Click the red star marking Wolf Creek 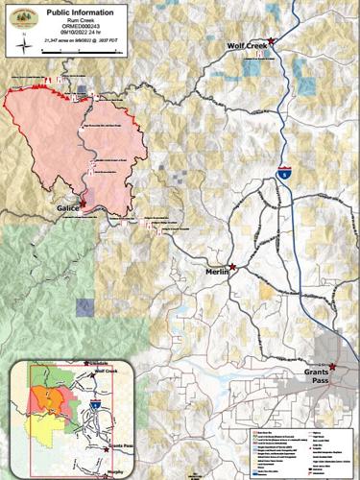(x=272, y=41)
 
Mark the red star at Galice (x=83, y=203)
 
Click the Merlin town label (x=220, y=274)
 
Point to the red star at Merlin (x=232, y=266)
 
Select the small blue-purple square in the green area (x=85, y=306)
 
